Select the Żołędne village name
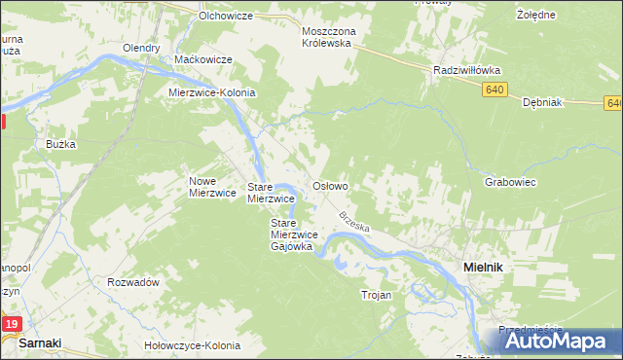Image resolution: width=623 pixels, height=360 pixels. [535, 16]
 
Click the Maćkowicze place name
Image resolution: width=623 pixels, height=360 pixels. [202, 59]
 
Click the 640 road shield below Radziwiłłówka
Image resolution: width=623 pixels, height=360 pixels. [495, 90]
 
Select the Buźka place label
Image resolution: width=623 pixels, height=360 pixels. [60, 144]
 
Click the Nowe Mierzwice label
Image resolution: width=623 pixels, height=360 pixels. [212, 187]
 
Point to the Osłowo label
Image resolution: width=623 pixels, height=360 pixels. [329, 185]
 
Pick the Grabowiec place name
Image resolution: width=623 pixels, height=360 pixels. [510, 182]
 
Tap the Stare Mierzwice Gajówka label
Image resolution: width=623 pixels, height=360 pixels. [291, 234]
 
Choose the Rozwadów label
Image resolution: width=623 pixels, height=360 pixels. [133, 282]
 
